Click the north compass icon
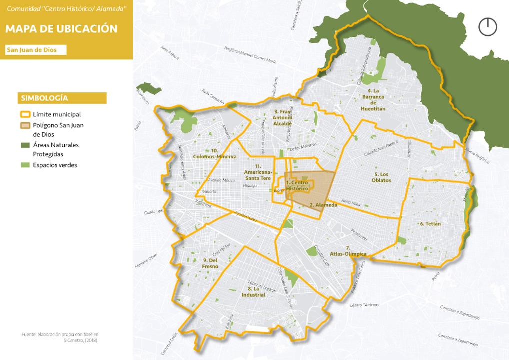click(488, 27)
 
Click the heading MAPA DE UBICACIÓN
click(61, 29)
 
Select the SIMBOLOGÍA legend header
click(62, 98)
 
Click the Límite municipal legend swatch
click(25, 114)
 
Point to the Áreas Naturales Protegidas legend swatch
click(25, 145)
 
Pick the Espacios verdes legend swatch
click(25, 165)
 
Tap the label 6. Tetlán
click(430, 224)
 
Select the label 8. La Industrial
click(253, 292)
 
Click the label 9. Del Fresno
click(210, 263)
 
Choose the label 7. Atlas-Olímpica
click(349, 251)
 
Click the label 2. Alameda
click(320, 205)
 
